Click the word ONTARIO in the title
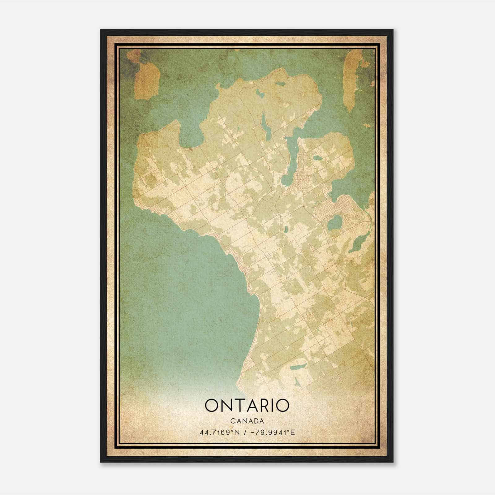point(247,405)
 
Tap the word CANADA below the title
point(247,421)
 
